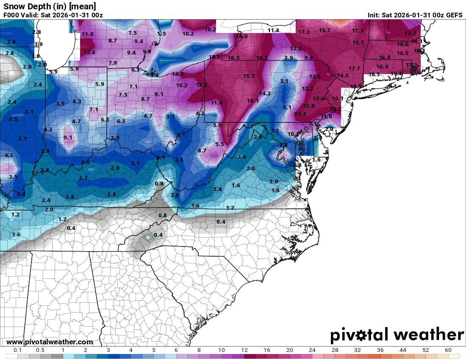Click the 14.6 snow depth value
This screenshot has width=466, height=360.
[x=242, y=36]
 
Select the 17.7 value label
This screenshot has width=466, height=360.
[x=354, y=69]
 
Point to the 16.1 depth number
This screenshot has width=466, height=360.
[x=338, y=99]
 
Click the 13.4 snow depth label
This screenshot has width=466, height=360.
[x=300, y=114]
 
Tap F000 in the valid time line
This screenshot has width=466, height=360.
[x=11, y=15]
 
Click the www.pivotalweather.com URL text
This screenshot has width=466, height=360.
[x=50, y=342]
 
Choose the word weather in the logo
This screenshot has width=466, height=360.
[x=428, y=335]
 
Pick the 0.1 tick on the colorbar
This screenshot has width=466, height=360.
[x=18, y=350]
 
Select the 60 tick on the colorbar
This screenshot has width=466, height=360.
[x=448, y=350]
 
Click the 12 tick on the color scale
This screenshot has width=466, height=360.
[x=244, y=350]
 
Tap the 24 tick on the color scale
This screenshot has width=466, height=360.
[x=312, y=350]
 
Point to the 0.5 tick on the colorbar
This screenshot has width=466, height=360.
[x=40, y=350]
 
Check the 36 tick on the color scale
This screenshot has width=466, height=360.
[x=380, y=350]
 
